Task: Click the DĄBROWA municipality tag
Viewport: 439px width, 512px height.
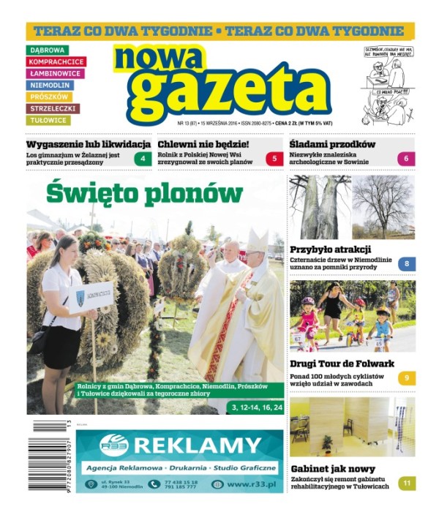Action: coord(47,50)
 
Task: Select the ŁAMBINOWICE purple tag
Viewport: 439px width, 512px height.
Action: coord(55,73)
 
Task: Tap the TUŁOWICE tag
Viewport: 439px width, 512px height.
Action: coord(48,120)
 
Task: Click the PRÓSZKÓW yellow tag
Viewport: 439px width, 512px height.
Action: coord(49,97)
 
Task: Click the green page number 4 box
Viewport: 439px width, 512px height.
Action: coord(143,159)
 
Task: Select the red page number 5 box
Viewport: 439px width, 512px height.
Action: coord(274,159)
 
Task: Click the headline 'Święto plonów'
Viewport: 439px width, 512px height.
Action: coord(144,193)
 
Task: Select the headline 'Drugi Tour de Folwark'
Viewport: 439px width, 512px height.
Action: coord(342,364)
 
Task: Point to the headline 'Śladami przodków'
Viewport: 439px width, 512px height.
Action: coord(332,144)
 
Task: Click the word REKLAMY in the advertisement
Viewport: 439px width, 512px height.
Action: coord(198,445)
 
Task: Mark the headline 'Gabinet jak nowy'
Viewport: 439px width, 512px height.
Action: coord(334,469)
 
